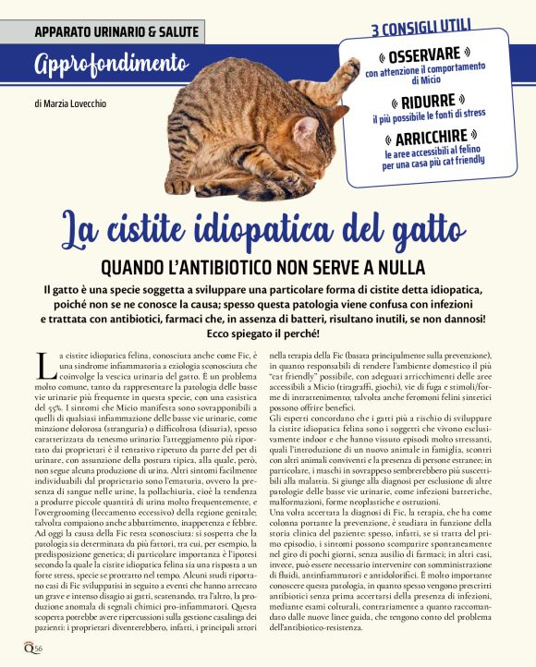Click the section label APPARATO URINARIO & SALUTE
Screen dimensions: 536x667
(x=116, y=31)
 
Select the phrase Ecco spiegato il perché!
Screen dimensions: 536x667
(x=268, y=333)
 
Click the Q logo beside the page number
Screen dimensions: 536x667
(x=31, y=649)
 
